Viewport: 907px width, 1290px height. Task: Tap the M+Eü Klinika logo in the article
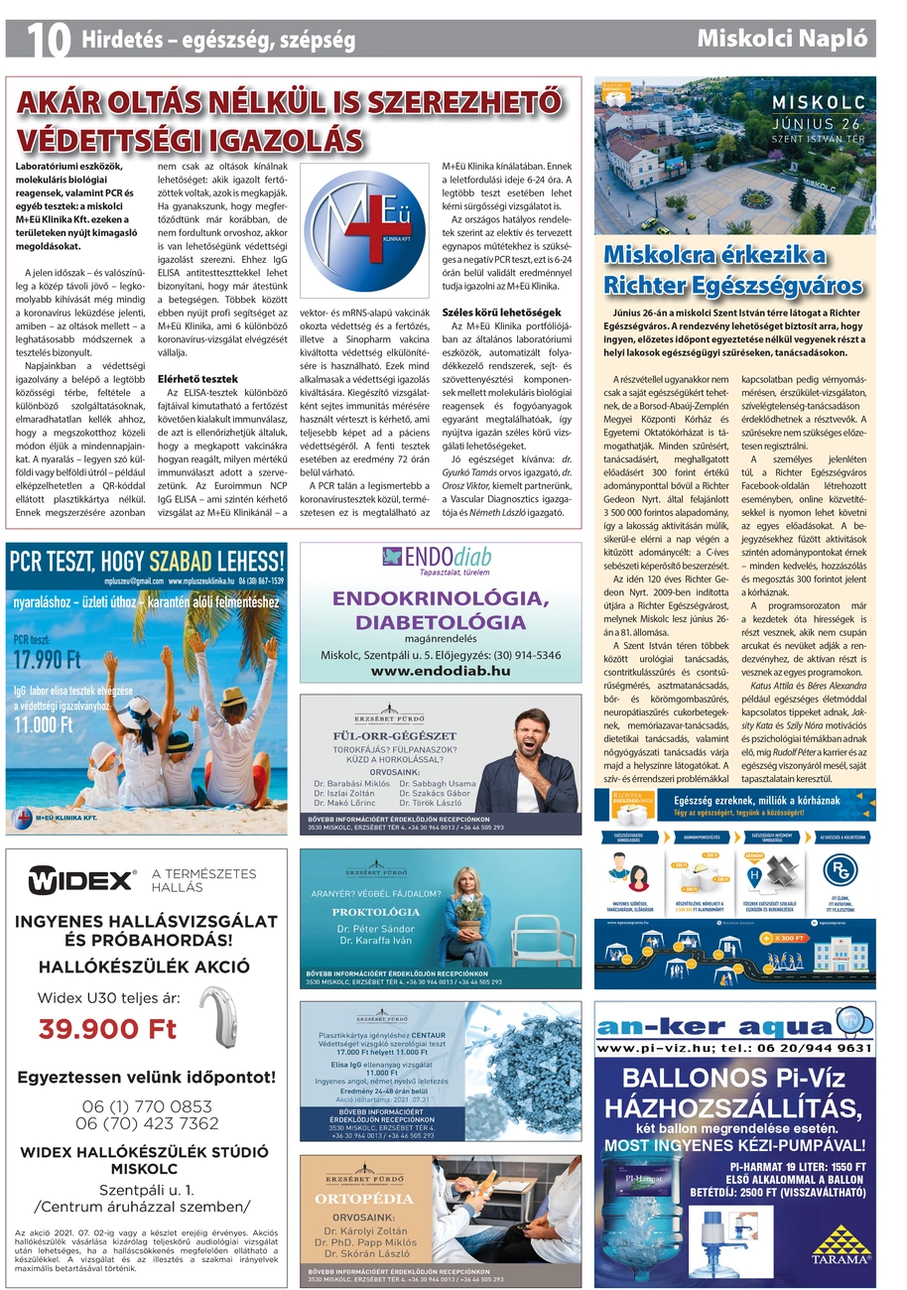364,230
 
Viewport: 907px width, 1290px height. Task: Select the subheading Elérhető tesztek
197,379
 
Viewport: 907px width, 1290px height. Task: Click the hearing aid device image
226,1014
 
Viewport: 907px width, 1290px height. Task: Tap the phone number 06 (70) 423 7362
147,1123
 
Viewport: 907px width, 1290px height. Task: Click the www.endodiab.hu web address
441,671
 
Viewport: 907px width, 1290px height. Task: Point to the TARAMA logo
841,1244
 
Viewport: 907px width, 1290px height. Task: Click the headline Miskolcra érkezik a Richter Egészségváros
733,271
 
